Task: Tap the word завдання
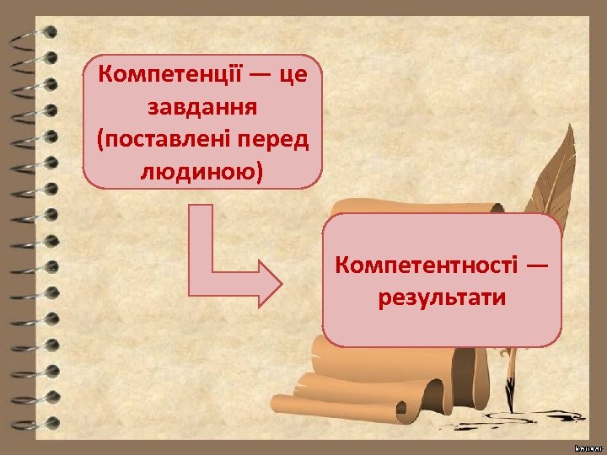point(202,107)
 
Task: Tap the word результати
point(443,298)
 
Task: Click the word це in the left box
point(292,74)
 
